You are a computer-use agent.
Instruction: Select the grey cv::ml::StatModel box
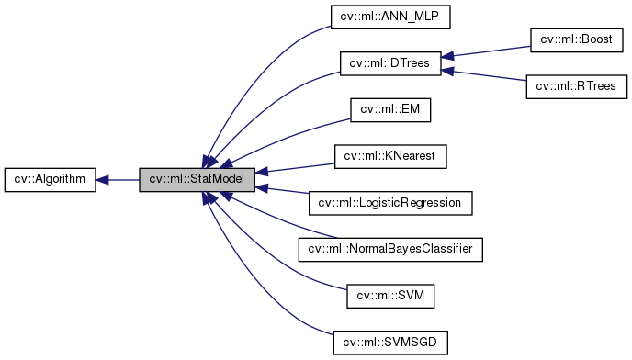197,179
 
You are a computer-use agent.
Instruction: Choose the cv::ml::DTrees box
390,63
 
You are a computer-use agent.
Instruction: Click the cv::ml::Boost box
577,40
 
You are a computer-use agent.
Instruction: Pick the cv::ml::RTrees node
577,87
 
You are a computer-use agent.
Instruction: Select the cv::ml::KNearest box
390,157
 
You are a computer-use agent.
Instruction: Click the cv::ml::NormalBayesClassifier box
390,249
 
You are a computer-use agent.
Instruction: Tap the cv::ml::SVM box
390,296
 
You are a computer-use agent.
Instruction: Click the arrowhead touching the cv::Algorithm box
103,179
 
